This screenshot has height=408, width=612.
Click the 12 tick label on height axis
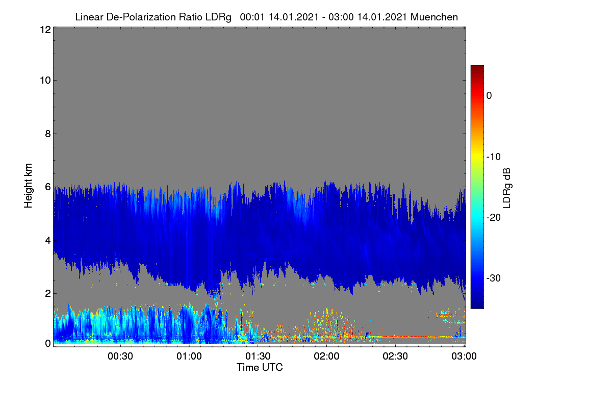tap(45, 30)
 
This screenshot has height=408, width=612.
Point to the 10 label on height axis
tap(45, 81)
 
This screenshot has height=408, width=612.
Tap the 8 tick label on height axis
tap(48, 134)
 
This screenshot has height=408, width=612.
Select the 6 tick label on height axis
tap(48, 187)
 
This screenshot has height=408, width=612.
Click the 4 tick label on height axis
tap(48, 241)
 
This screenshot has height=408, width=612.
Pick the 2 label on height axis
tap(48, 293)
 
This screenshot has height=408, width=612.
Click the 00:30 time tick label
tap(120, 356)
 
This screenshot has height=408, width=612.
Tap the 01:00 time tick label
tap(189, 356)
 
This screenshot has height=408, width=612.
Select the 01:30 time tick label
tap(258, 356)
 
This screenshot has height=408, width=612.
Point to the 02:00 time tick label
tap(326, 356)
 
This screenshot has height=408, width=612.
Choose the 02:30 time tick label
tap(395, 356)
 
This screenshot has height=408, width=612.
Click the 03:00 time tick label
tap(464, 356)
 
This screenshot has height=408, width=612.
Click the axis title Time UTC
tap(260, 367)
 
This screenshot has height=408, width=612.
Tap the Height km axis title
tap(28, 186)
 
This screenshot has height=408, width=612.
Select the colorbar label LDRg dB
tap(507, 188)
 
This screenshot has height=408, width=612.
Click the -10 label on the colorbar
tap(494, 157)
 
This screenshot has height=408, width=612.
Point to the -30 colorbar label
tap(494, 278)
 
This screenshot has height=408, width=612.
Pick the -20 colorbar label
tap(494, 218)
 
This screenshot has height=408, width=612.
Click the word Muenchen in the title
tap(434, 17)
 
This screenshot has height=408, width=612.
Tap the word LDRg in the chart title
tap(218, 17)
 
